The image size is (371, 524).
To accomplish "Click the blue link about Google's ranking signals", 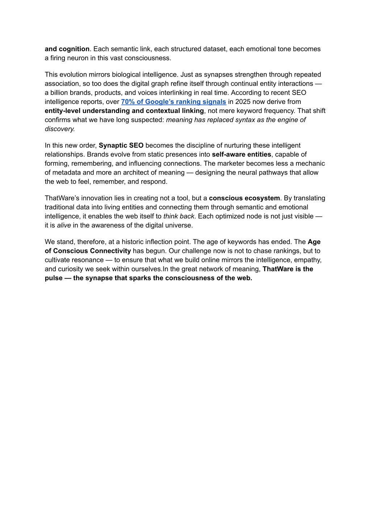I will tap(174, 102).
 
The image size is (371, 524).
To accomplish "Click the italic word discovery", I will tap(59, 129).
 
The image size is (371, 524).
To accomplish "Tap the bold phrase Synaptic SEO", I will tap(121, 146).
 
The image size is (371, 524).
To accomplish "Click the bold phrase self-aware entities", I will tap(241, 155).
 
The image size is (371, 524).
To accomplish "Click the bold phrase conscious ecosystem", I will tap(244, 198).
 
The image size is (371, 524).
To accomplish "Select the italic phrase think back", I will tap(179, 216).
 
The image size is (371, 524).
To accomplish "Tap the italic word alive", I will tap(64, 225).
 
